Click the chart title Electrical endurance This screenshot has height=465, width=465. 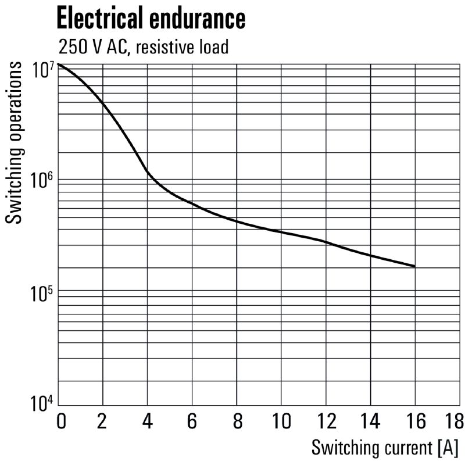tap(150, 19)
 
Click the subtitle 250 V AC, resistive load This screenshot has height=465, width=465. tap(142, 46)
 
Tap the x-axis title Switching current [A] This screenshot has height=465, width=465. tap(385, 448)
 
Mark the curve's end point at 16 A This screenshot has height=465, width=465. tap(414, 266)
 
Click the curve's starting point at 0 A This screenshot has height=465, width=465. tap(59, 64)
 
